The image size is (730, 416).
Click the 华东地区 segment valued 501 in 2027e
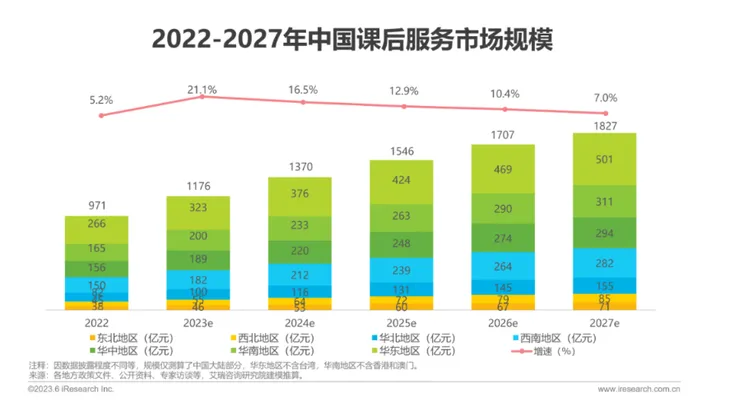point(604,160)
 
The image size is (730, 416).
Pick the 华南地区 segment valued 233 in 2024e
point(297,226)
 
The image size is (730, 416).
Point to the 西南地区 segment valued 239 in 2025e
point(400,271)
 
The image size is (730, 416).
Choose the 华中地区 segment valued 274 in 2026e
point(502,240)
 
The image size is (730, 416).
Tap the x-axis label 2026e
point(502,323)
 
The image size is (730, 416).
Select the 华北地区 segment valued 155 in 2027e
point(604,285)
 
